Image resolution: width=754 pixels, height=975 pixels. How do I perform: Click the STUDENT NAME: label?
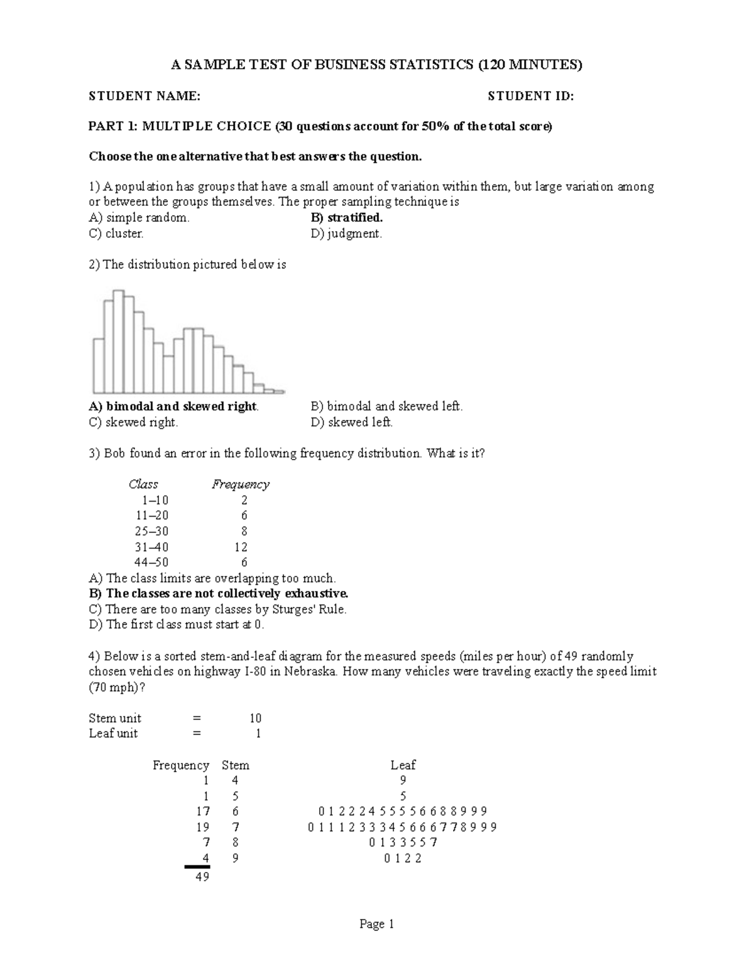(x=145, y=96)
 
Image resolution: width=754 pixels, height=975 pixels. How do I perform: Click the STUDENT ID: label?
(x=531, y=96)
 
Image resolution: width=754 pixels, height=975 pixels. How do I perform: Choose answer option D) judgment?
(x=346, y=234)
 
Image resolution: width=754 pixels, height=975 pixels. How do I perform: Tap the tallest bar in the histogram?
(x=118, y=342)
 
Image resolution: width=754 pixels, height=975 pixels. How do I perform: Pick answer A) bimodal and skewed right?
(x=174, y=406)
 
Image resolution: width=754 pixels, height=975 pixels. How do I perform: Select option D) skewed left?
(x=352, y=423)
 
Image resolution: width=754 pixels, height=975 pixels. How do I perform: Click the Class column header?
(x=143, y=484)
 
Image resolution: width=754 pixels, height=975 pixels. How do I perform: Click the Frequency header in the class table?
(x=241, y=484)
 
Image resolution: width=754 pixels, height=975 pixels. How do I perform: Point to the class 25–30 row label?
(x=151, y=531)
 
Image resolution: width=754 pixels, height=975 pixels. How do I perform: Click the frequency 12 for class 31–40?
(x=241, y=547)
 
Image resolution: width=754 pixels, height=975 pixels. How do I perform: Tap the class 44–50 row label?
(x=151, y=563)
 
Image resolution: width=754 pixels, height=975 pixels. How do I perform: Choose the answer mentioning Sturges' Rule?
(x=217, y=609)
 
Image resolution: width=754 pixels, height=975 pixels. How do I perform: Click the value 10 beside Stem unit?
(x=255, y=718)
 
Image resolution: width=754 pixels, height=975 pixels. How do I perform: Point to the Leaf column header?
(x=403, y=765)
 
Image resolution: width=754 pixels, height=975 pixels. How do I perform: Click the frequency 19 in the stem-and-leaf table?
(x=202, y=827)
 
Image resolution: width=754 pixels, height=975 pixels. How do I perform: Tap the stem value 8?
(x=236, y=843)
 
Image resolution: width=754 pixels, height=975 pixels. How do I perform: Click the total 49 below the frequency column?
(x=202, y=877)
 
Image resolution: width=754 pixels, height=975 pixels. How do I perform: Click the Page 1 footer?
(x=376, y=924)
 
